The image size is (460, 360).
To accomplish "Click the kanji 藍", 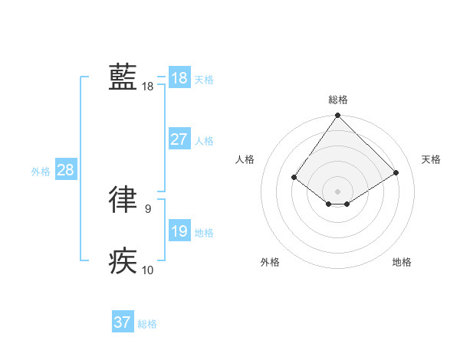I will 123,77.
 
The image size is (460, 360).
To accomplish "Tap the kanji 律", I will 123,198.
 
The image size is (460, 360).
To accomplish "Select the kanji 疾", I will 123,260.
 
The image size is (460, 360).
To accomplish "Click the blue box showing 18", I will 179,77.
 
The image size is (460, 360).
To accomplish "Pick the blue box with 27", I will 179,139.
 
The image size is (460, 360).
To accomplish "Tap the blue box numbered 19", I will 179,231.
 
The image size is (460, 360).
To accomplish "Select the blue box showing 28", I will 65,170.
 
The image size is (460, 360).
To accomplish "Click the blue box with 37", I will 122,322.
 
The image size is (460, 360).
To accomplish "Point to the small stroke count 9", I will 147,208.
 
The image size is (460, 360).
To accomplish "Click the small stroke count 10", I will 147,270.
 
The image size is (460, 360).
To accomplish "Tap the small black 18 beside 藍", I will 147,87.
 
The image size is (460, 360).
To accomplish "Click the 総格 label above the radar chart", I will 337,100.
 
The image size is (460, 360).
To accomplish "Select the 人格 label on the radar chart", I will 245,159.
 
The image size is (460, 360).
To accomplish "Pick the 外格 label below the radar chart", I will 270,262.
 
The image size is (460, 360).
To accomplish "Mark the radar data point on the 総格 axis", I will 337,116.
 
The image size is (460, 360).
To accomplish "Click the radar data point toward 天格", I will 396,173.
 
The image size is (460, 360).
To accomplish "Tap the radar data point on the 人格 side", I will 294,178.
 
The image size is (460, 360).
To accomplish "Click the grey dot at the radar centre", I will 337,191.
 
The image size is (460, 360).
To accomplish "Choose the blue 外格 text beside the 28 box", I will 41,172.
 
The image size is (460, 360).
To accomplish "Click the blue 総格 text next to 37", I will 147,324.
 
